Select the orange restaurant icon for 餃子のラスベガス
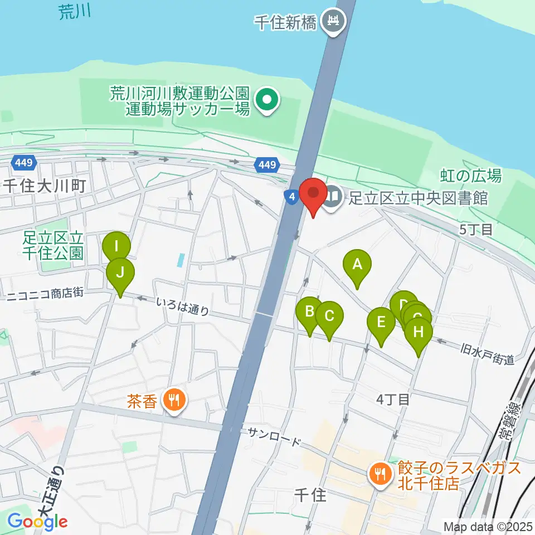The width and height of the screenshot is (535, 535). [x=381, y=474]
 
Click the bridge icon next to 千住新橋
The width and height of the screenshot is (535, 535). [x=334, y=22]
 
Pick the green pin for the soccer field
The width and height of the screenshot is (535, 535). [x=267, y=100]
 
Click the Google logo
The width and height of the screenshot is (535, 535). [x=37, y=522]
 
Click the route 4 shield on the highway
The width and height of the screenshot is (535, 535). [x=291, y=196]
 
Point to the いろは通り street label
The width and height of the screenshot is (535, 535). [x=182, y=307]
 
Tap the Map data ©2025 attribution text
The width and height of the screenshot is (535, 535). [x=487, y=526]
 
